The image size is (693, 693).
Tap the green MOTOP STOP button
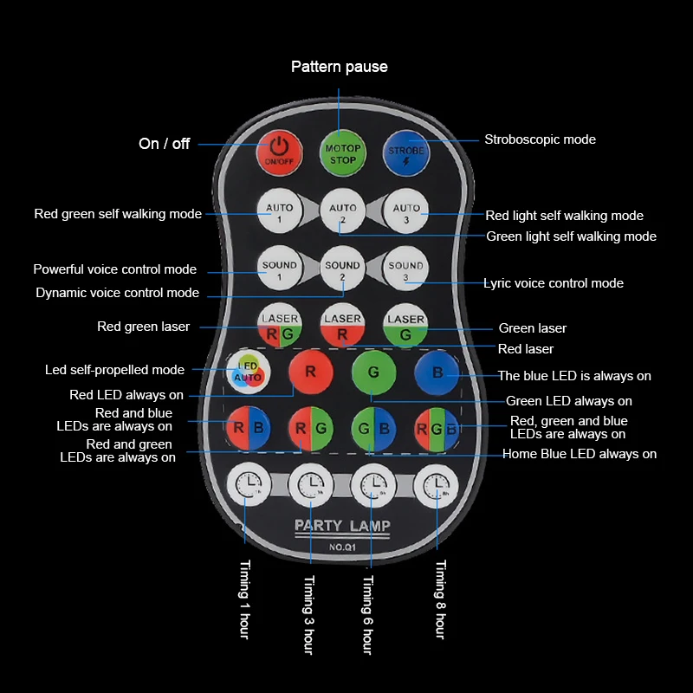(343, 153)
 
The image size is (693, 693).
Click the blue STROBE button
(406, 153)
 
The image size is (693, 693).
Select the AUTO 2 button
(343, 213)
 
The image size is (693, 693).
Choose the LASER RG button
(279, 327)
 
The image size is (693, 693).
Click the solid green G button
(373, 372)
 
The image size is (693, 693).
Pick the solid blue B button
(437, 372)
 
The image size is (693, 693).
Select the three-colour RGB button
(437, 428)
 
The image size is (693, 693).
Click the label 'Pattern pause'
(339, 67)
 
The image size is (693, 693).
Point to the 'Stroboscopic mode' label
(540, 139)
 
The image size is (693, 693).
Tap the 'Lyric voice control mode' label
(553, 283)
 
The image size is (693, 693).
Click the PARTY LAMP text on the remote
(342, 526)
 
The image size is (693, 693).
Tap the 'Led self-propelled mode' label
(114, 370)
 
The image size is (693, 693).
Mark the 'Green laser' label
(532, 328)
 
